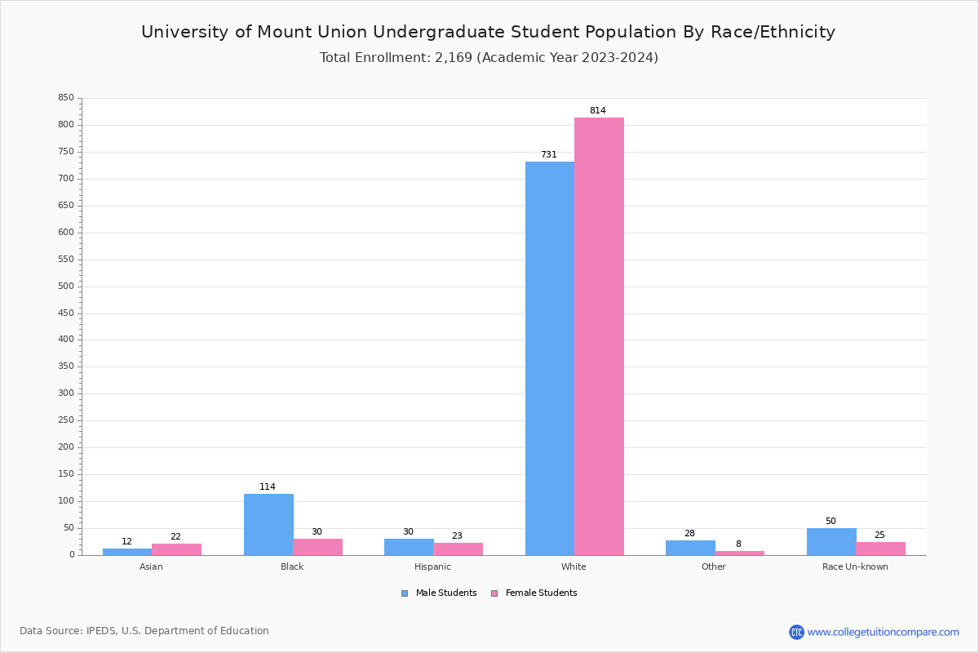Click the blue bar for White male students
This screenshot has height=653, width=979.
pyautogui.click(x=549, y=358)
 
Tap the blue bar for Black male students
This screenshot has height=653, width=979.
pyautogui.click(x=268, y=524)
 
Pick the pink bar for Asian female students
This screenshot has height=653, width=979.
pyautogui.click(x=176, y=549)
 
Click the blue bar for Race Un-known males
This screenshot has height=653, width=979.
pyautogui.click(x=831, y=541)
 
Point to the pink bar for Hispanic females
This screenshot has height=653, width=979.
pyautogui.click(x=458, y=549)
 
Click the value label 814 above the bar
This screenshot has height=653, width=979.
pyautogui.click(x=598, y=111)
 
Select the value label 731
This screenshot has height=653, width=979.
pyautogui.click(x=548, y=155)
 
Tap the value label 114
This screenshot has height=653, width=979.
pyautogui.click(x=268, y=487)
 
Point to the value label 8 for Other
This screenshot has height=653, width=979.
pyautogui.click(x=738, y=544)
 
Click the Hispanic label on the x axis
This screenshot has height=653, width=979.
pyautogui.click(x=432, y=567)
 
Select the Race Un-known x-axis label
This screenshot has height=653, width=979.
pyautogui.click(x=855, y=567)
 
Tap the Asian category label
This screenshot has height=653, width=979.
pyautogui.click(x=151, y=567)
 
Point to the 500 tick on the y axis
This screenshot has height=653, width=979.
pyautogui.click(x=65, y=287)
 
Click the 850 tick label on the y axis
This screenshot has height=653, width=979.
pyautogui.click(x=65, y=98)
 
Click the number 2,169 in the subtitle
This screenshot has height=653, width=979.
pyautogui.click(x=448, y=58)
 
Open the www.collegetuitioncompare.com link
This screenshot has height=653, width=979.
pyautogui.click(x=883, y=632)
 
